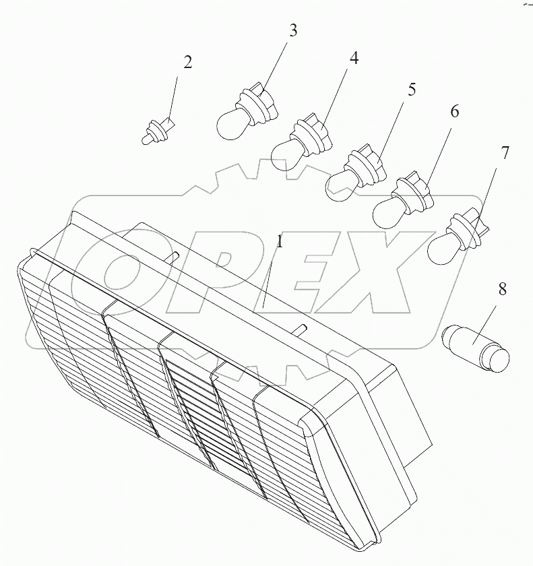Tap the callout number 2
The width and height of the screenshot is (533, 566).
[187, 63]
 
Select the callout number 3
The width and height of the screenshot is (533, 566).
[292, 31]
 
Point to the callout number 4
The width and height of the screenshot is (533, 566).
[354, 58]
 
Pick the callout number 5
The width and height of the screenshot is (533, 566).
[412, 89]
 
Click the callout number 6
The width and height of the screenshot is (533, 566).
[454, 111]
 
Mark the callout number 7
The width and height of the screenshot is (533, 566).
[504, 153]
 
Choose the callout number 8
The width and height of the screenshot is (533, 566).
[502, 289]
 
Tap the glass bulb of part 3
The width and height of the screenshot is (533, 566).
[230, 124]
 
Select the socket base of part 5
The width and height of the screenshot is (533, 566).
[367, 164]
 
